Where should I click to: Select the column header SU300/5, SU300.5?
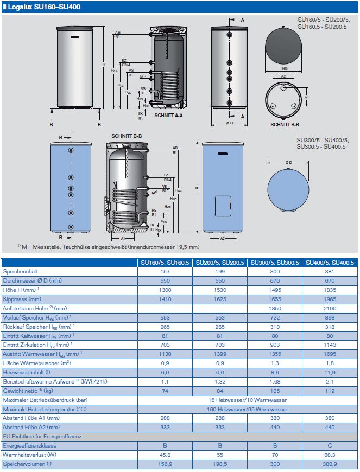click(274, 263)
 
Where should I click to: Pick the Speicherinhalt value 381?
click(329, 271)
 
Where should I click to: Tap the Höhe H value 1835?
click(329, 290)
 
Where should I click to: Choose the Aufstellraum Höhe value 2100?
click(329, 308)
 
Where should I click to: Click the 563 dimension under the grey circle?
click(284, 69)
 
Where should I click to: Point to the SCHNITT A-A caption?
click(168, 116)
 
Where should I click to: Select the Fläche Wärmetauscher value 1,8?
click(329, 362)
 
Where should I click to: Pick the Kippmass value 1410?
click(165, 299)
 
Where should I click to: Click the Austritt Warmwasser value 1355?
click(274, 353)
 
